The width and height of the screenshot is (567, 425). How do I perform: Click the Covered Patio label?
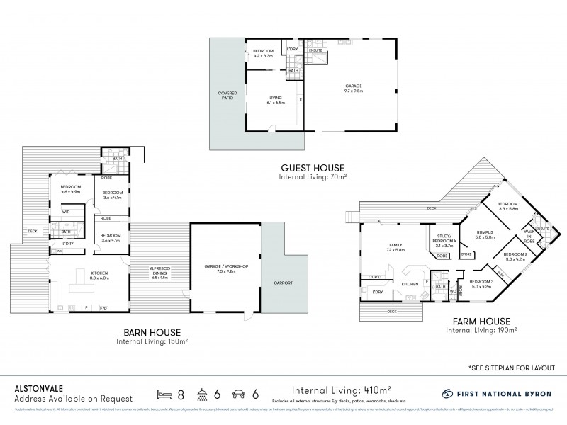[x=228, y=96]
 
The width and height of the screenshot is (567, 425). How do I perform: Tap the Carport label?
[x=283, y=283]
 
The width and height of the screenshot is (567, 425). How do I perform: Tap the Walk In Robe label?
[x=529, y=237]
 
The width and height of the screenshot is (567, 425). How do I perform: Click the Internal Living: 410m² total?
[x=342, y=390]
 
